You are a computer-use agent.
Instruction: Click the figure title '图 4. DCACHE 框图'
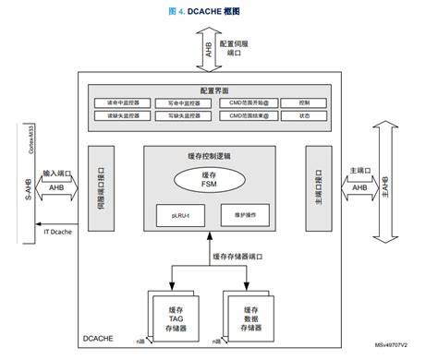(x=219, y=10)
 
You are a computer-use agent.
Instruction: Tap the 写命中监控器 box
(x=178, y=102)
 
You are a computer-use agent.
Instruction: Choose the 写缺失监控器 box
(x=178, y=116)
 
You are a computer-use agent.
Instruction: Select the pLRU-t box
(x=181, y=214)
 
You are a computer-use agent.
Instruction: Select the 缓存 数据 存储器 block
(x=250, y=317)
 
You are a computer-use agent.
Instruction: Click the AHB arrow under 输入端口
(x=57, y=188)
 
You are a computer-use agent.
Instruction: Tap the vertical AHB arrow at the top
(x=210, y=52)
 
